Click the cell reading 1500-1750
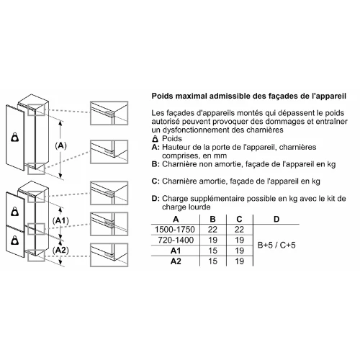pyautogui.click(x=175, y=230)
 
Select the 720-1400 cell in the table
pyautogui.click(x=176, y=240)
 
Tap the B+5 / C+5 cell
pyautogui.click(x=276, y=245)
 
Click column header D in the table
pyautogui.click(x=276, y=219)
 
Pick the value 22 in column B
pyautogui.click(x=212, y=230)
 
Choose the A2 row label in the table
pyautogui.click(x=176, y=261)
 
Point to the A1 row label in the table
pyautogui.click(x=176, y=251)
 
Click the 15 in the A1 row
pyautogui.click(x=212, y=251)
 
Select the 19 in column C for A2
pyautogui.click(x=239, y=261)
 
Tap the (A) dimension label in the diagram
pyautogui.click(x=60, y=145)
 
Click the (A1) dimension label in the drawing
pyautogui.click(x=60, y=221)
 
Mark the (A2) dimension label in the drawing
pyautogui.click(x=60, y=251)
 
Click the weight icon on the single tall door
pyautogui.click(x=15, y=138)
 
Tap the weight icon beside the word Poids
pyautogui.click(x=156, y=139)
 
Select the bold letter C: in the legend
pyautogui.click(x=156, y=181)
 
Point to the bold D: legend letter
pyautogui.click(x=156, y=199)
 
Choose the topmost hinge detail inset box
pyautogui.click(x=109, y=113)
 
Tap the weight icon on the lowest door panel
pyautogui.click(x=15, y=240)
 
